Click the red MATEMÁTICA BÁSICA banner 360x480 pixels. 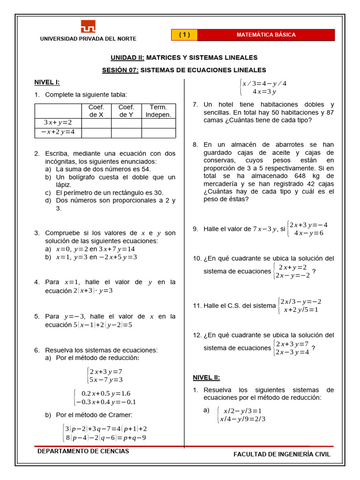pyautogui.click(x=266, y=35)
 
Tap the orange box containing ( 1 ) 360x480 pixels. pyautogui.click(x=184, y=35)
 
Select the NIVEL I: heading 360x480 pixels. pyautogui.click(x=47, y=82)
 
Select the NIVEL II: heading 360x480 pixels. pyautogui.click(x=206, y=377)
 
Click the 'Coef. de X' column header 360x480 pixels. pyautogui.click(x=96, y=111)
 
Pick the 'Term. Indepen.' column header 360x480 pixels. pyautogui.click(x=158, y=111)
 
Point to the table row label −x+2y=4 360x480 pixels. pyautogui.click(x=58, y=133)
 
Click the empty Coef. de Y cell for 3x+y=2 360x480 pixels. pyautogui.click(x=126, y=123)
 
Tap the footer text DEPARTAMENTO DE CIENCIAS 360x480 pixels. pyautogui.click(x=83, y=451)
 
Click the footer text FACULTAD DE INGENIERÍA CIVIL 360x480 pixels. pyautogui.click(x=282, y=454)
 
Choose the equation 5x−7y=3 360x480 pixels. pyautogui.click(x=106, y=380)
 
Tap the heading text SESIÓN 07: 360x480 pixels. pyautogui.click(x=120, y=70)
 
